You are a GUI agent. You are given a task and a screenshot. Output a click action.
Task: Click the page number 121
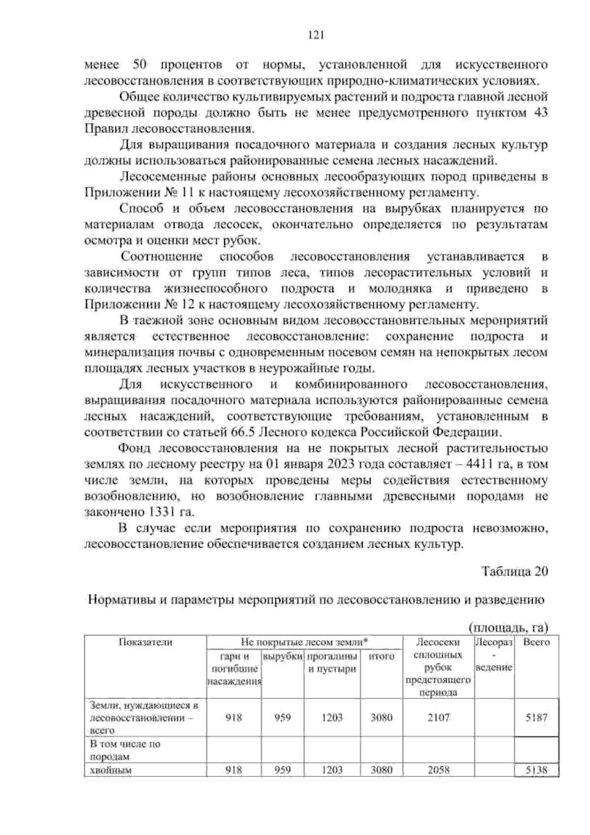click(315, 35)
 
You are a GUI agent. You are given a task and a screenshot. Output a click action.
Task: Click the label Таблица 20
click(514, 572)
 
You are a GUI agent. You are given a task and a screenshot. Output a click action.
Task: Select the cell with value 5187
click(536, 717)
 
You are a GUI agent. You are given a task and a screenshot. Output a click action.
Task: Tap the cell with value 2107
click(438, 717)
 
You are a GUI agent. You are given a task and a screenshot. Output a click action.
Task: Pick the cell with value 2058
click(438, 771)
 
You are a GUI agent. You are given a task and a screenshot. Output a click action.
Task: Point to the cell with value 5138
click(536, 771)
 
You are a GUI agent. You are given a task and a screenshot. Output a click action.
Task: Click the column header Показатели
click(145, 642)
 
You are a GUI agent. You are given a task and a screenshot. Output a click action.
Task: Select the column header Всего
click(536, 642)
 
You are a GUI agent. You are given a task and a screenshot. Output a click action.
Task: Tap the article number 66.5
click(242, 433)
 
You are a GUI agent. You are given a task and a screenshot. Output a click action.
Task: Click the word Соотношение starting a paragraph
click(162, 257)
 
